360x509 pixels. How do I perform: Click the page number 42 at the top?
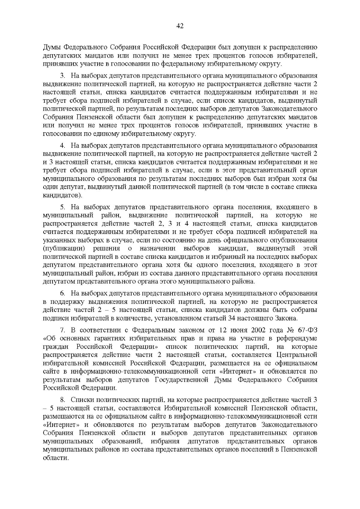(x=180, y=26)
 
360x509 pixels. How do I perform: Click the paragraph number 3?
(x=62, y=76)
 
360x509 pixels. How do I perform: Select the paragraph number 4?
(x=62, y=146)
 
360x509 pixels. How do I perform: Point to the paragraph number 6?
(x=62, y=293)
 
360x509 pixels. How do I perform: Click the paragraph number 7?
(x=62, y=330)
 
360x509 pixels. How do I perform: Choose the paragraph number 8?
(x=62, y=400)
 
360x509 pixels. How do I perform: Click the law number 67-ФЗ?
(x=307, y=330)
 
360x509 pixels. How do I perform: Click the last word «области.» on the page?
(x=56, y=458)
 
